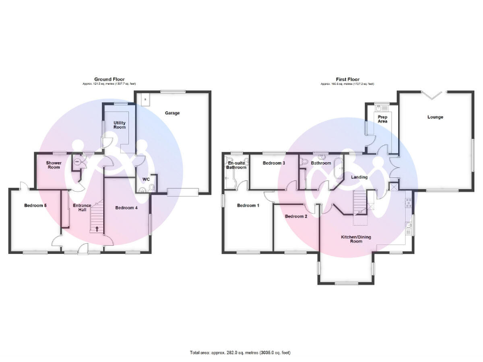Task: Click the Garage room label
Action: tap(172, 113)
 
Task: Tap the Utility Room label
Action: tap(119, 124)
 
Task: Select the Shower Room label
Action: tap(53, 165)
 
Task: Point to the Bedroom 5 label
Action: tap(36, 206)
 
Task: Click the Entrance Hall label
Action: tap(82, 208)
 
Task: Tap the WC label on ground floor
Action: tap(146, 179)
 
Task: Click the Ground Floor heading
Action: tap(109, 79)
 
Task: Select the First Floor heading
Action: tap(347, 79)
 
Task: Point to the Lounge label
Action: tap(435, 117)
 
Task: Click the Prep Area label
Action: tap(382, 119)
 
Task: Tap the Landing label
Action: tap(359, 177)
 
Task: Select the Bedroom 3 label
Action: tap(274, 163)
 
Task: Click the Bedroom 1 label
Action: tap(248, 206)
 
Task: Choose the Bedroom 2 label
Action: tap(296, 216)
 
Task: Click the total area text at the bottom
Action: tap(241, 353)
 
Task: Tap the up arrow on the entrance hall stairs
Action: tap(97, 228)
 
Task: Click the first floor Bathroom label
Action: tap(321, 163)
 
